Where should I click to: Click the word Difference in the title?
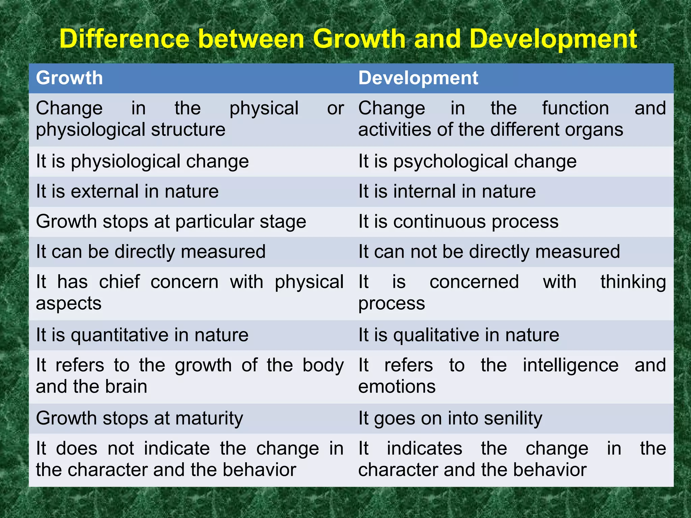[124, 39]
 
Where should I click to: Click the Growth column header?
[69, 78]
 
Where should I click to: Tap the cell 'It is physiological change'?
[142, 161]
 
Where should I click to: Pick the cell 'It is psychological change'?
[467, 161]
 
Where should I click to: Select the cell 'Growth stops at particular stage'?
[171, 222]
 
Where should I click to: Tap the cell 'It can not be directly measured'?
[489, 252]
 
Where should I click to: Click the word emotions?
[397, 386]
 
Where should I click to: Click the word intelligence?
[571, 365]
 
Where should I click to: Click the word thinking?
[633, 282]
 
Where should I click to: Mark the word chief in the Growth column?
[119, 282]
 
